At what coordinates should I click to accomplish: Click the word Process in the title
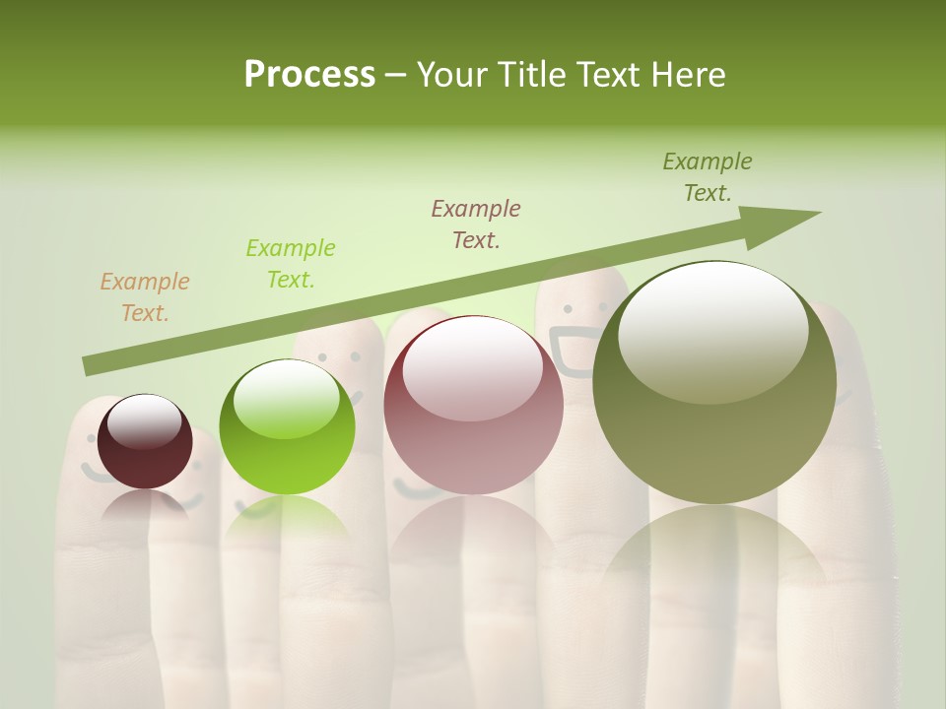pyautogui.click(x=309, y=74)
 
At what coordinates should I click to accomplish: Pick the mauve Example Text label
pyautogui.click(x=476, y=224)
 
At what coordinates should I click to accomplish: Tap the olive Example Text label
pyautogui.click(x=708, y=177)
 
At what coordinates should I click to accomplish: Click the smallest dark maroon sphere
pyautogui.click(x=145, y=443)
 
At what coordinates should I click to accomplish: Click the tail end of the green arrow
pyautogui.click(x=91, y=365)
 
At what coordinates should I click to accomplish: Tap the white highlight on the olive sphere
pyautogui.click(x=712, y=331)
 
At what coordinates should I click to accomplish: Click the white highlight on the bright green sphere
pyautogui.click(x=287, y=399)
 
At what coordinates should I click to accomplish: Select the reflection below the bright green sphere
pyautogui.click(x=287, y=517)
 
